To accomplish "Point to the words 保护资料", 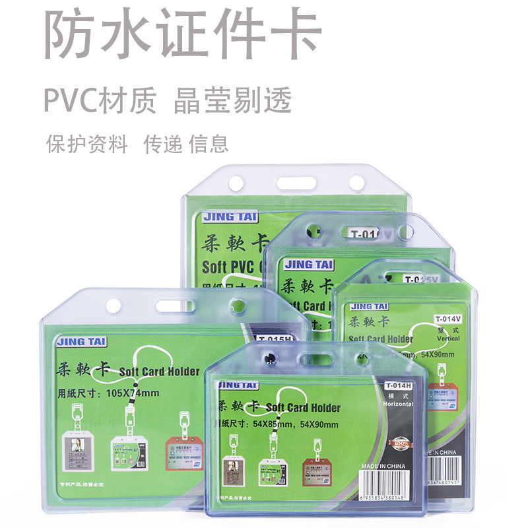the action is click(x=86, y=143).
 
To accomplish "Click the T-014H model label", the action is click(x=398, y=385).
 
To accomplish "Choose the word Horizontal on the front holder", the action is click(x=398, y=403).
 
